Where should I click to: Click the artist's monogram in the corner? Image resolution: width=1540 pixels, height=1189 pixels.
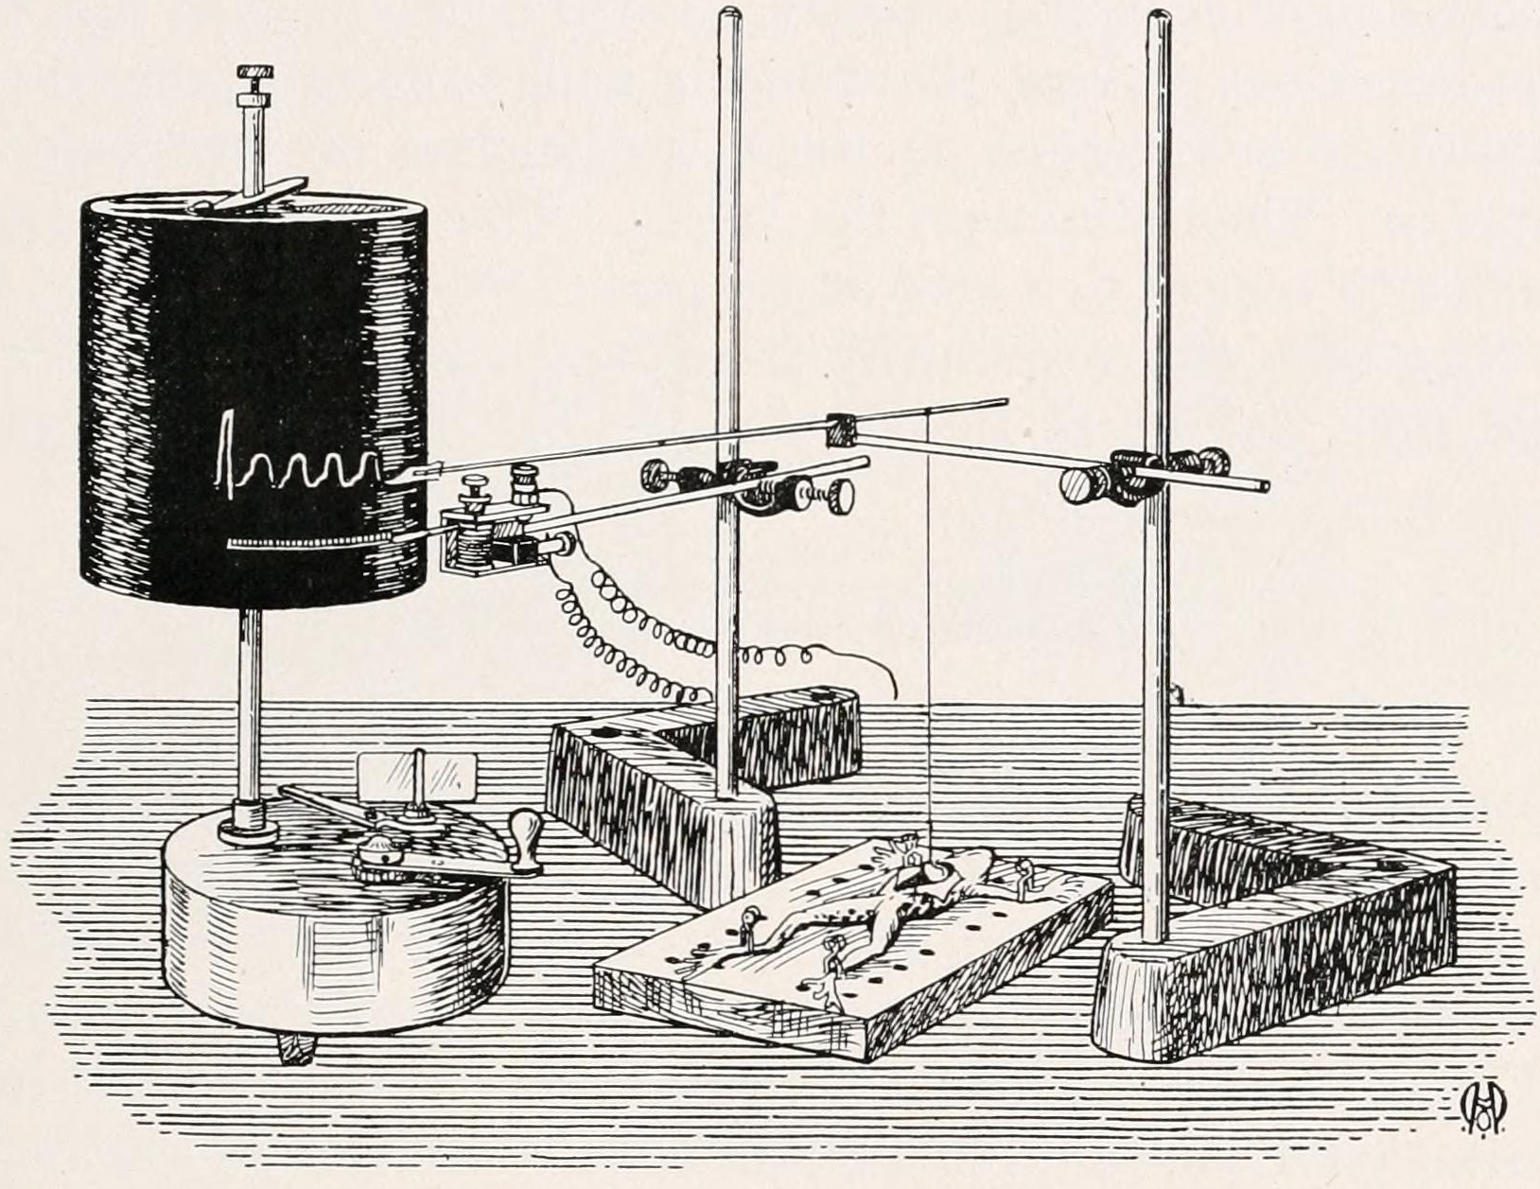point(1482,1107)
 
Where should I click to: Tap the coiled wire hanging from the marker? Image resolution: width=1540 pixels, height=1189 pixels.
point(662,643)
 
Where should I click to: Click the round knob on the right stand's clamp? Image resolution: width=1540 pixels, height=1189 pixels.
point(1078,488)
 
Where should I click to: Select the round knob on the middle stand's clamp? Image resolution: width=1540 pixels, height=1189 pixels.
point(840,493)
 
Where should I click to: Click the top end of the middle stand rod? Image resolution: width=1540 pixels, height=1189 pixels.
point(729,13)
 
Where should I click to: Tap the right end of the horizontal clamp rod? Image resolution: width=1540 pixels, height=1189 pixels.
point(1264,487)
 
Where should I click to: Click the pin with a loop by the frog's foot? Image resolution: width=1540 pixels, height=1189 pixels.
point(753,918)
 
